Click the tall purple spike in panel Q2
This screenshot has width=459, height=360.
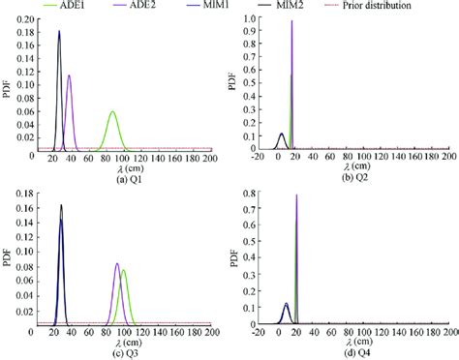click(x=291, y=21)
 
